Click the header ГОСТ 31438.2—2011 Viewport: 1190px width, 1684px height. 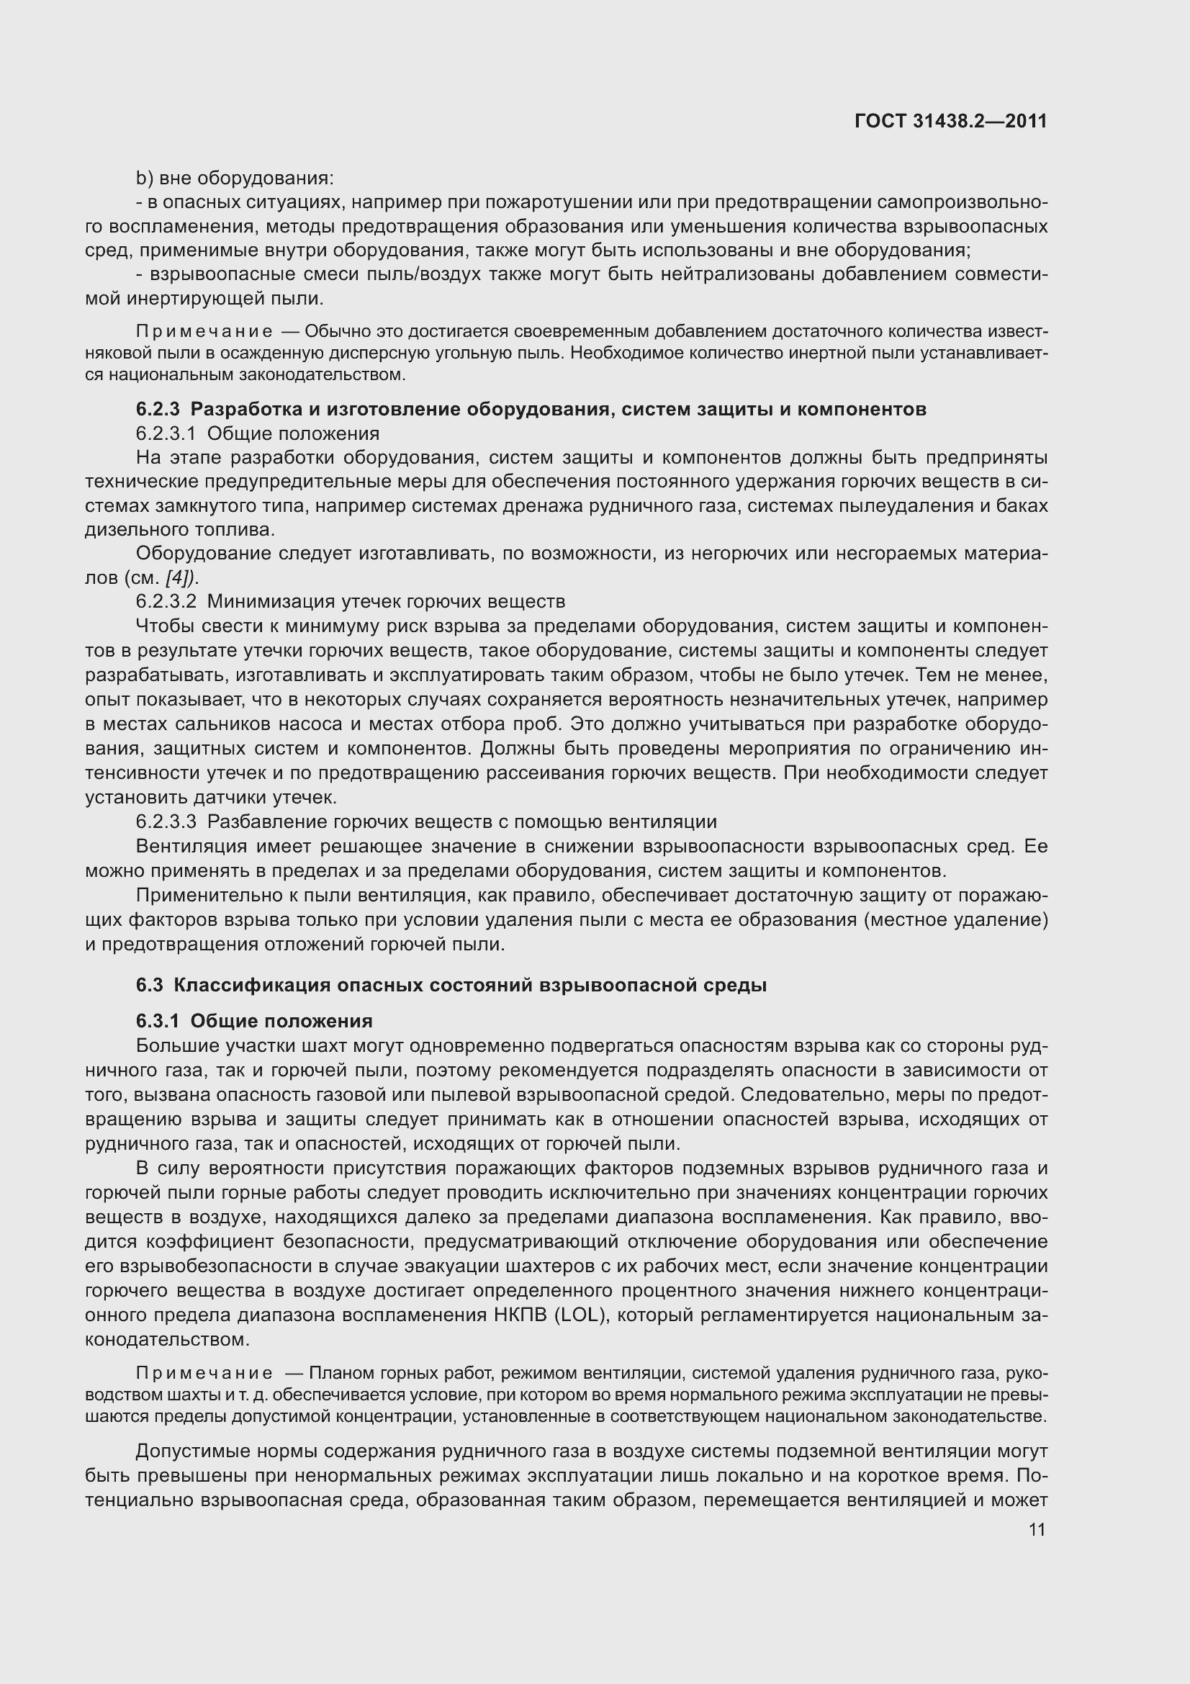950,121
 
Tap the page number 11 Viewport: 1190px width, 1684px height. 1037,1529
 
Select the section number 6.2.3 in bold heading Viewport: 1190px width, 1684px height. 157,409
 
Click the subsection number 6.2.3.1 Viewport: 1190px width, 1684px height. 166,433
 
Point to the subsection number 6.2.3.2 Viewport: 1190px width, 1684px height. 166,601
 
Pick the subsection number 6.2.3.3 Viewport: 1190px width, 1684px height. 166,821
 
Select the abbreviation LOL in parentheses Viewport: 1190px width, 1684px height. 580,1315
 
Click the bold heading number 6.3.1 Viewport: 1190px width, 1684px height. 157,1021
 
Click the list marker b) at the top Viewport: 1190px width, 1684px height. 145,179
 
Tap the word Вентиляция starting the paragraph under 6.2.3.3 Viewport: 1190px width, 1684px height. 191,847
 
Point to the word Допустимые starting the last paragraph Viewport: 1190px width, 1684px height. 188,1451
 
